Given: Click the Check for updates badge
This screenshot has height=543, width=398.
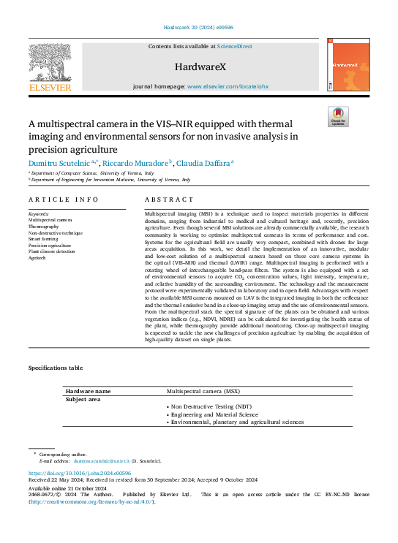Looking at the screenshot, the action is point(338,117).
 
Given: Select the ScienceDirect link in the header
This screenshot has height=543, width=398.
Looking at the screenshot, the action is point(235,46).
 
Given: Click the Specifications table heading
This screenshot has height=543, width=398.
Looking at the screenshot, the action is point(56,368).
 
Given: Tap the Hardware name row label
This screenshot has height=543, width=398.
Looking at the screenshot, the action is point(89,392).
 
